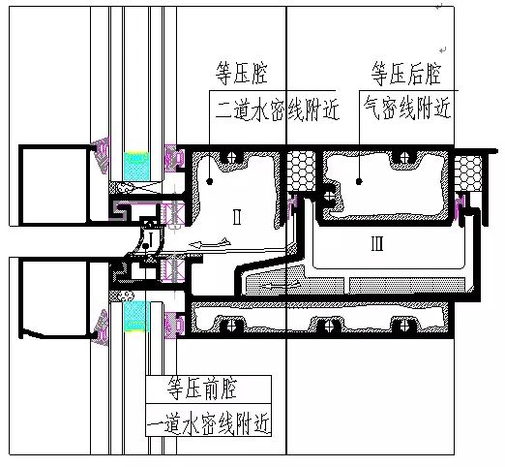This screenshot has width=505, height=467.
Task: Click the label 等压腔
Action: click(242, 74)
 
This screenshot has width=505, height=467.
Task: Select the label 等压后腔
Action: click(406, 74)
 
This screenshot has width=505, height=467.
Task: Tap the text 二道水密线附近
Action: click(277, 109)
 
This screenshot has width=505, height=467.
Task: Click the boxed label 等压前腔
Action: click(202, 389)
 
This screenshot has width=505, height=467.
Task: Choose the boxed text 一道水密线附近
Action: click(208, 420)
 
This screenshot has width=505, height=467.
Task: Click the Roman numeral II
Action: click(237, 217)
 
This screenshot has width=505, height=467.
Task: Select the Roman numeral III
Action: click(377, 243)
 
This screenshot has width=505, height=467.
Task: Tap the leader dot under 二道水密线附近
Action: click(210, 181)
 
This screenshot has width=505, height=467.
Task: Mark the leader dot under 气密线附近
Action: click(359, 181)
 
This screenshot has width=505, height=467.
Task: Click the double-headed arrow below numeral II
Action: click(210, 243)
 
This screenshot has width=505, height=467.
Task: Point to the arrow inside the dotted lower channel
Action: click(281, 286)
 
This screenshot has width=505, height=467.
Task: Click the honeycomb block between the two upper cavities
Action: click(301, 171)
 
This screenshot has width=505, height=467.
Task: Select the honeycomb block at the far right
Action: click(468, 174)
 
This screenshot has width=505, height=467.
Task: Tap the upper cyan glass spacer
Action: click(136, 166)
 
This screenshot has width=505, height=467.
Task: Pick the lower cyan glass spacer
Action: click(136, 316)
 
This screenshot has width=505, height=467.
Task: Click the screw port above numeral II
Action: click(231, 157)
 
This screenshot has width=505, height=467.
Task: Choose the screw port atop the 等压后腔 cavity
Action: click(403, 157)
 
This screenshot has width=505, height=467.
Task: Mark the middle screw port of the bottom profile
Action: click(329, 326)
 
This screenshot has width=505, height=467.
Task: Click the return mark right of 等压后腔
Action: click(442, 50)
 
